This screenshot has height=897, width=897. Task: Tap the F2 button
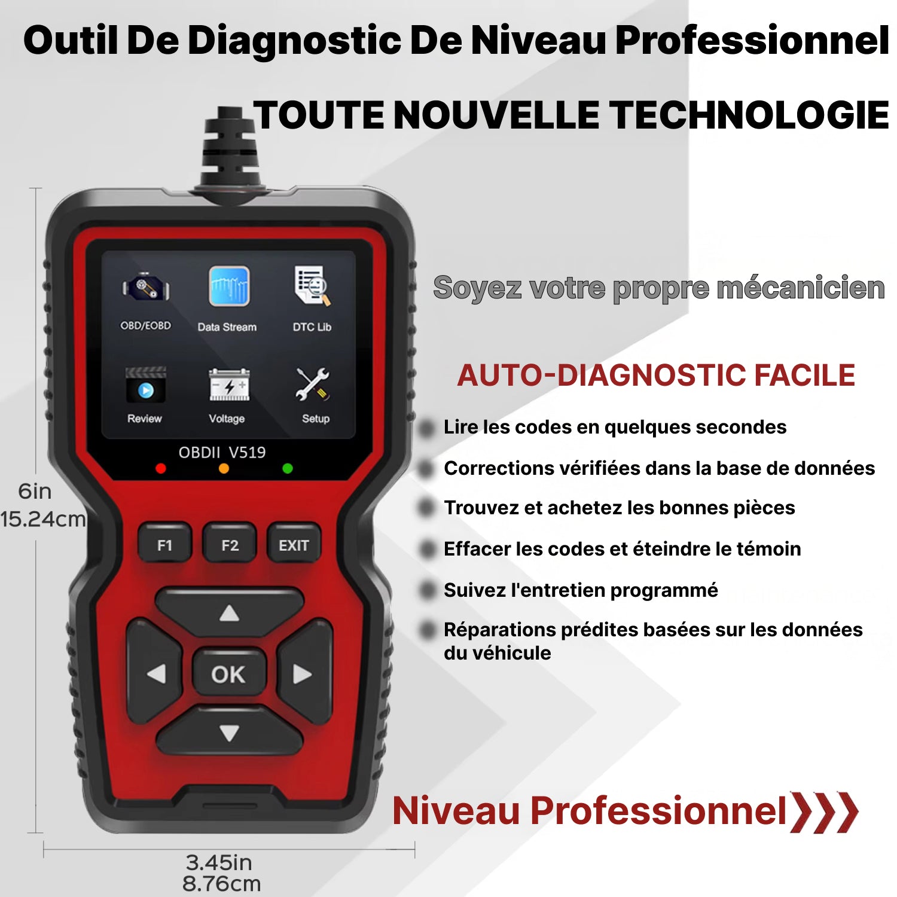point(230,545)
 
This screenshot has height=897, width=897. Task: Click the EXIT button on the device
point(293,545)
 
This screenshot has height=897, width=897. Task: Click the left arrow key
point(154,673)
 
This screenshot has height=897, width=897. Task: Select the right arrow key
point(304,673)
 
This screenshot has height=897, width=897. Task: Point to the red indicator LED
point(160,468)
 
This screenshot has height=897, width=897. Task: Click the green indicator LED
point(288,468)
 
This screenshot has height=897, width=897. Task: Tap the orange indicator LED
point(224,468)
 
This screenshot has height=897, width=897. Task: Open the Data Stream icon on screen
point(229,286)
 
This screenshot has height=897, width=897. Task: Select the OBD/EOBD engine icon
point(146,288)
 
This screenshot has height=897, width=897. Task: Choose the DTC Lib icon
point(312,286)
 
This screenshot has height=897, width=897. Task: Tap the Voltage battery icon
point(229,385)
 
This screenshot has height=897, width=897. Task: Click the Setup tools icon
point(312,385)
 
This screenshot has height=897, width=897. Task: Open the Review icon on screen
point(145,385)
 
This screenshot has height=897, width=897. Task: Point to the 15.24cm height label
point(43,519)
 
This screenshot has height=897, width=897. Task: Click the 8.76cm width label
point(221,883)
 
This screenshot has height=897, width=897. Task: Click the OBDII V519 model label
point(222,452)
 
